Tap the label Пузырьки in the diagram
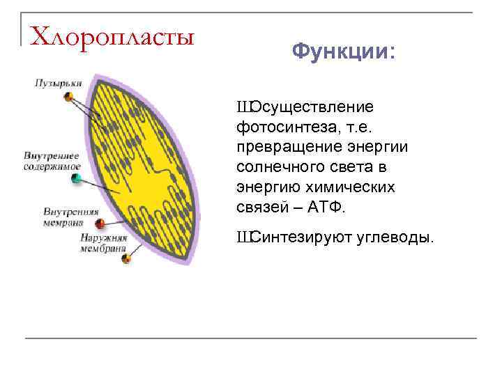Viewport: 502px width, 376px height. point(59,83)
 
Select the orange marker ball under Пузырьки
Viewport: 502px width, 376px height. point(68,96)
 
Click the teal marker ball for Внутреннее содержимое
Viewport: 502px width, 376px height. point(76,179)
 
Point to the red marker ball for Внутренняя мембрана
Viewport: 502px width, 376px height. point(100,224)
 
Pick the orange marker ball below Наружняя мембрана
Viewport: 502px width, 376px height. point(126,258)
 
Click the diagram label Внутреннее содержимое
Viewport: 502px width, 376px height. point(52,162)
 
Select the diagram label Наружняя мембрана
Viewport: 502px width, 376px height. point(104,242)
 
